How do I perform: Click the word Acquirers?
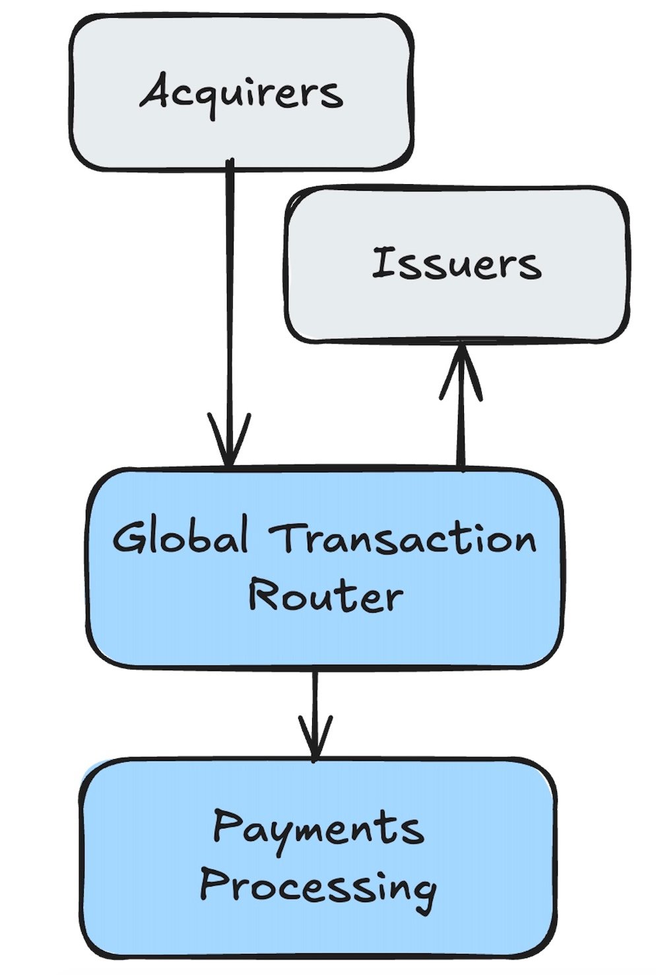click(x=242, y=92)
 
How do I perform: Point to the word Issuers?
click(x=456, y=263)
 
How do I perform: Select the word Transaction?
click(x=403, y=537)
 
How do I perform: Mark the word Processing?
click(x=317, y=887)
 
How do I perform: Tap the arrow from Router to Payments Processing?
click(x=315, y=700)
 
